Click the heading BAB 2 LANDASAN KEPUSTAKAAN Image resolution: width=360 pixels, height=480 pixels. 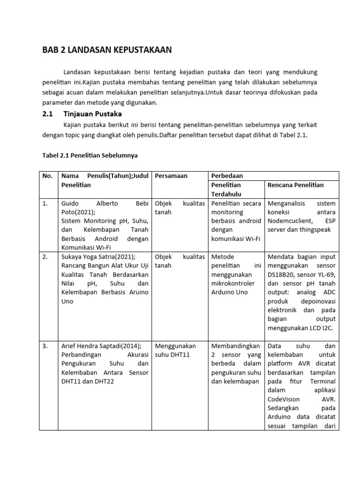tap(107, 50)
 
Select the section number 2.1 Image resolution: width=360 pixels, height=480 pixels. tap(48, 114)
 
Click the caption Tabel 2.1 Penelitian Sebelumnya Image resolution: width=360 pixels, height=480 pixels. tap(90, 154)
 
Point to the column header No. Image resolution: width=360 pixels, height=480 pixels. tap(47, 176)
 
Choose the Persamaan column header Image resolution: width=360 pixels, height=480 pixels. tap(171, 176)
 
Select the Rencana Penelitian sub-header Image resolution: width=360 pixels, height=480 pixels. tap(295, 185)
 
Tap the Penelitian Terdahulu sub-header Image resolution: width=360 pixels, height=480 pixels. tap(226, 189)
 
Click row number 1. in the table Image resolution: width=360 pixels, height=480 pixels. tap(45, 203)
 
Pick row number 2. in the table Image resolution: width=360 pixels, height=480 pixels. tap(45, 257)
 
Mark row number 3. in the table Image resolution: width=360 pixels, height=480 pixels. tap(45, 346)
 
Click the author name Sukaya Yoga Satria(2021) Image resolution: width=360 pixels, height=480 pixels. tap(98, 257)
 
